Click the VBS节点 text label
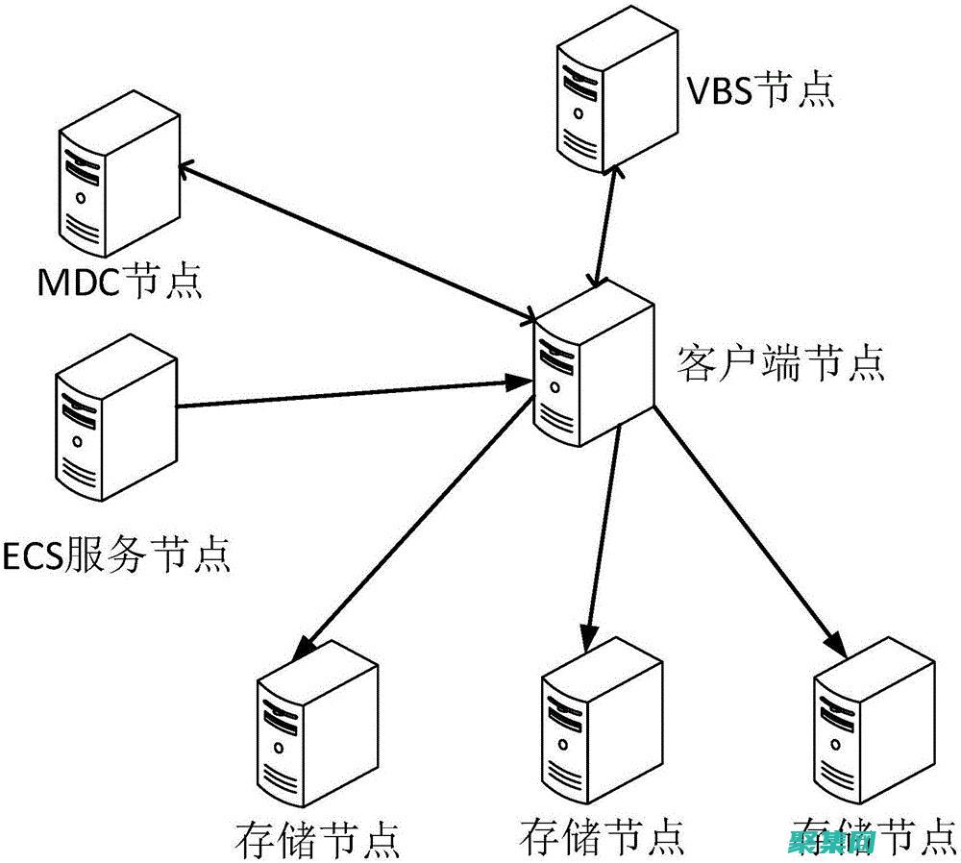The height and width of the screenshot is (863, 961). [760, 91]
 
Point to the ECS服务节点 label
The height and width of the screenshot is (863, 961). [117, 555]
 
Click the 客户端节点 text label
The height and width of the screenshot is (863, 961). [780, 365]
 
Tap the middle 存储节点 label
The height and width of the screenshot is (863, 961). [603, 834]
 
